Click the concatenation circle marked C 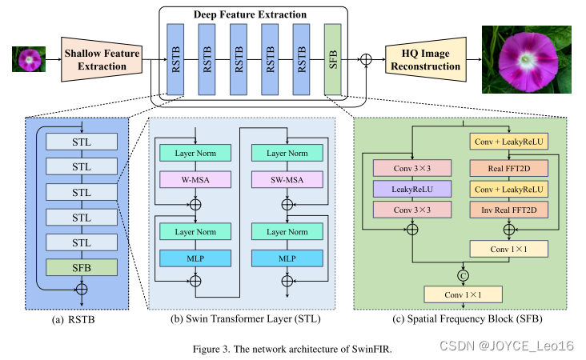pyautogui.click(x=464, y=275)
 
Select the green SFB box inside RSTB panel pyautogui.click(x=82, y=266)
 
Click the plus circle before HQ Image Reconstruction pyautogui.click(x=367, y=59)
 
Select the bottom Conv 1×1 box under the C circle pyautogui.click(x=464, y=295)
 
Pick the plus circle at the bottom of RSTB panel pyautogui.click(x=82, y=287)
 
